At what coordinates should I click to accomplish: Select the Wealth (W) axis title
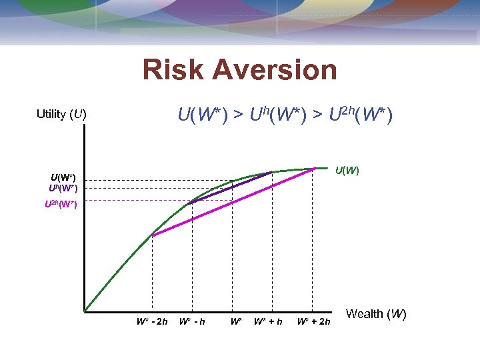(376, 314)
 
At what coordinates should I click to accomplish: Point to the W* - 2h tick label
(152, 322)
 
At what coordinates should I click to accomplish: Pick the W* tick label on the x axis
(235, 322)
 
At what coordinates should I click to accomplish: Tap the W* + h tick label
(268, 322)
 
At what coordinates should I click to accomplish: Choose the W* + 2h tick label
(313, 322)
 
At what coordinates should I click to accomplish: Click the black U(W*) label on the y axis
(63, 177)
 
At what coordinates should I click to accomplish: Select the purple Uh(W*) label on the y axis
(63, 188)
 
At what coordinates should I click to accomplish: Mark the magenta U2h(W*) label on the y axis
(61, 204)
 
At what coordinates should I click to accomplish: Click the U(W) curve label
(347, 171)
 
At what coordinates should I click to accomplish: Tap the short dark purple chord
(232, 187)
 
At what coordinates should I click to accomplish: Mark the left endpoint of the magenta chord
(153, 234)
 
